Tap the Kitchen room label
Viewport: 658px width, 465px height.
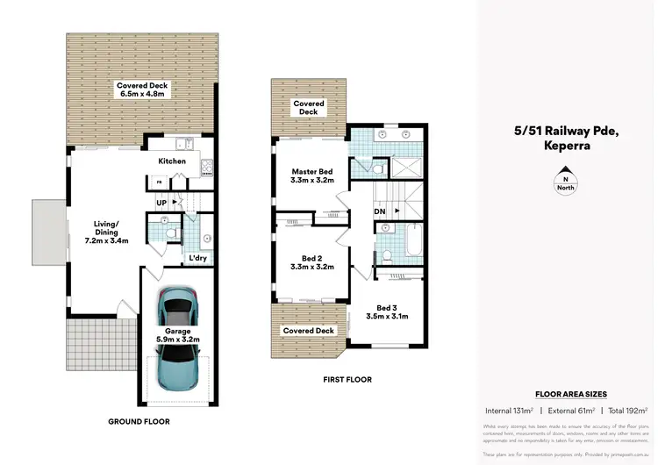point(172,161)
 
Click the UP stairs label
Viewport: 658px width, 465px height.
point(161,203)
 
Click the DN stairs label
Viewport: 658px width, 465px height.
point(380,211)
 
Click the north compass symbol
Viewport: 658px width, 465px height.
point(566,182)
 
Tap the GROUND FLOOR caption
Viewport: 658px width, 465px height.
point(139,422)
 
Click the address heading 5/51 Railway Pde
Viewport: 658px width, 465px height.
point(566,132)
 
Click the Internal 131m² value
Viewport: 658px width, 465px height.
point(509,410)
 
